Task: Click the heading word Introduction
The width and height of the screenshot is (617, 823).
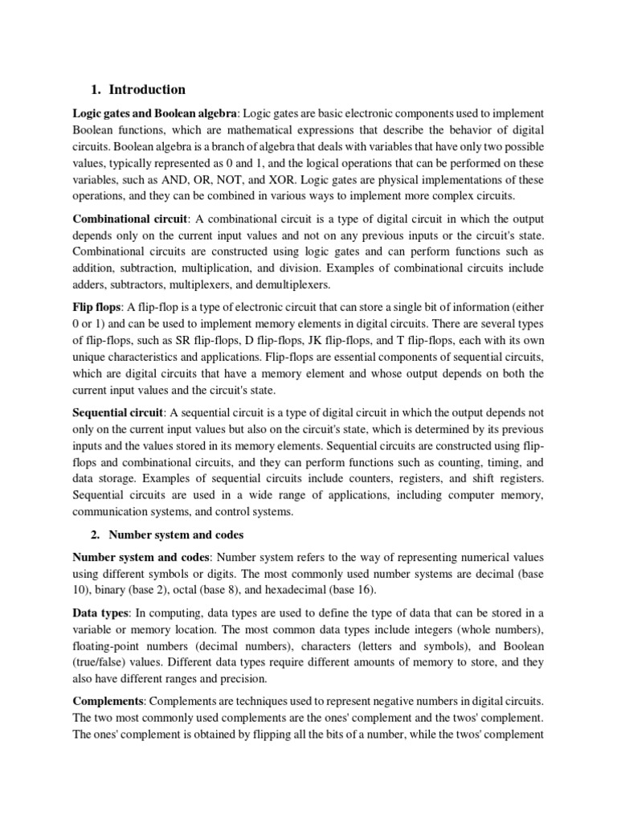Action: coord(147,89)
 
